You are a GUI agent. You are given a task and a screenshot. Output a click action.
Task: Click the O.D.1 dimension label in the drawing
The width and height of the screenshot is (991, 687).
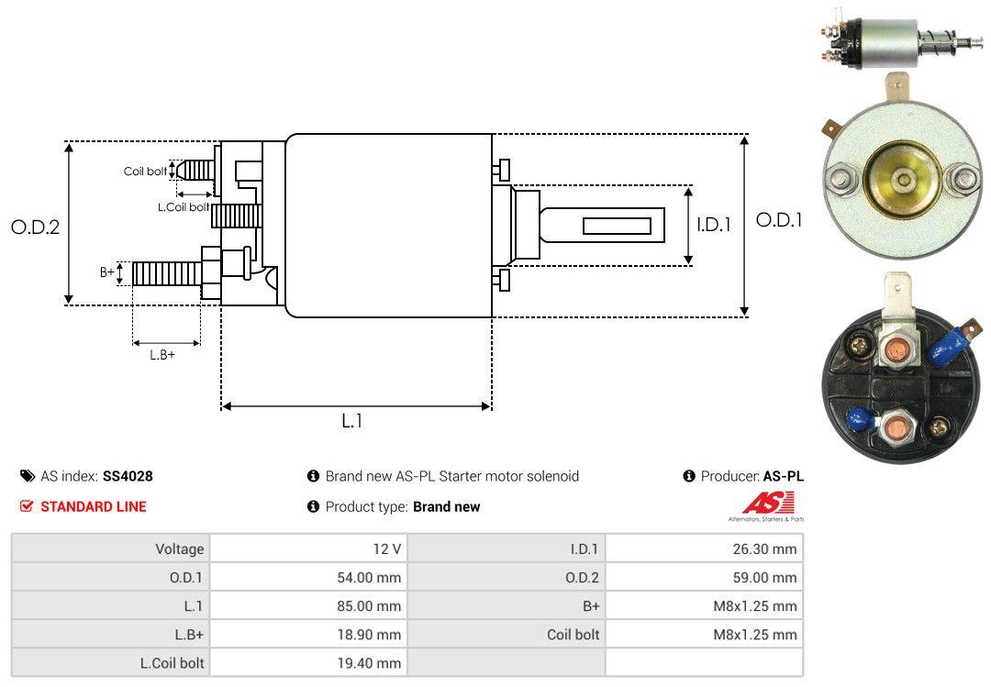[x=779, y=220]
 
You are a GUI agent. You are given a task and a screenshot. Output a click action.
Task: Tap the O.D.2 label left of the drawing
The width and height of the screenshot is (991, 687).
[x=35, y=227]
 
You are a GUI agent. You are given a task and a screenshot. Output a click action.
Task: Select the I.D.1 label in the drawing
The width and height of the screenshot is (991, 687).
[x=713, y=224]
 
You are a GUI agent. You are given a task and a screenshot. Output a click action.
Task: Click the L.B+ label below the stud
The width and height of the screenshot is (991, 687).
[x=162, y=355]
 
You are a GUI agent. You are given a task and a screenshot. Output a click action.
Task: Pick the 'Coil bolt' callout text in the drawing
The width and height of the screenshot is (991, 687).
[x=145, y=172]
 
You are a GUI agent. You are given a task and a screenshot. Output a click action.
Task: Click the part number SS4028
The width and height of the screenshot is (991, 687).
[x=128, y=476]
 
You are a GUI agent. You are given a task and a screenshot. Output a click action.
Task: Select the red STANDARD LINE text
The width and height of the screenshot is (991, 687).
[x=93, y=506]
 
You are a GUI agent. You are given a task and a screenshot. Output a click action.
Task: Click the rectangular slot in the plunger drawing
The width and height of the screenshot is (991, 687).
[x=617, y=226]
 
